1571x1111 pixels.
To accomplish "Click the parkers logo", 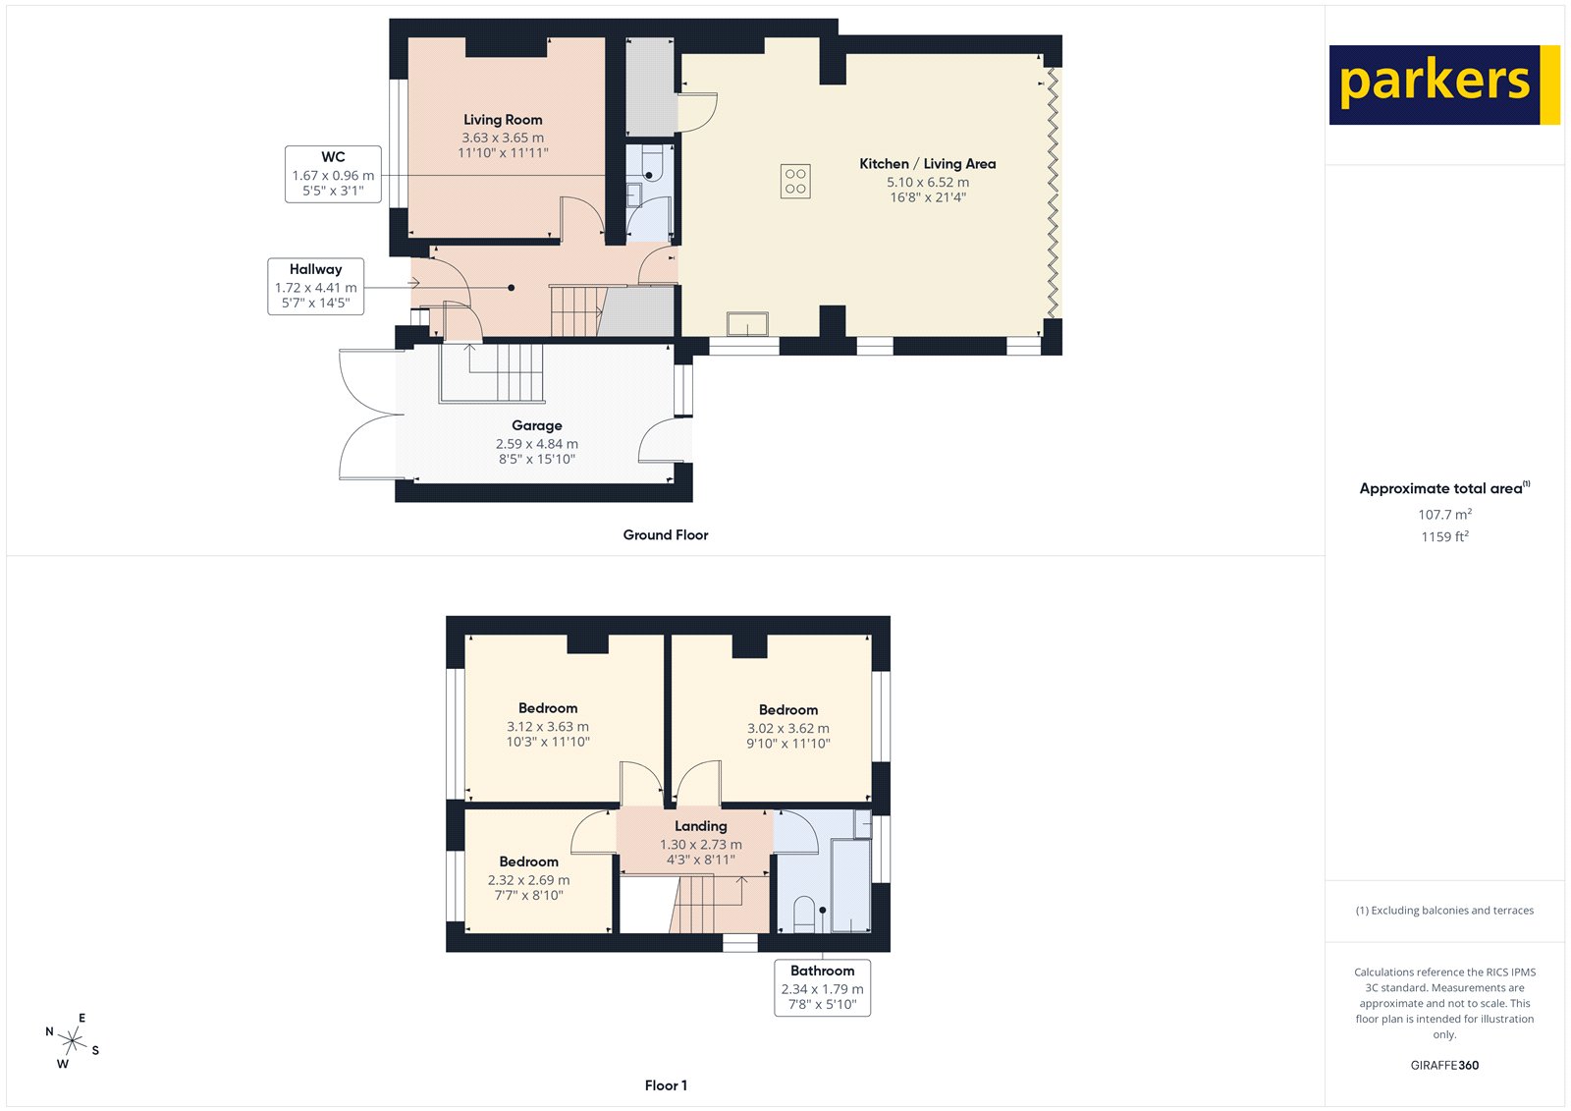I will [x=1443, y=84].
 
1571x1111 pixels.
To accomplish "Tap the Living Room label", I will [x=503, y=120].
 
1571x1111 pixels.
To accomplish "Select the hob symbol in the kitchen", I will [x=795, y=182].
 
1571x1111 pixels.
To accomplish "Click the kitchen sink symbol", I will [x=747, y=324].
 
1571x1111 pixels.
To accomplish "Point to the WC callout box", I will [x=333, y=174].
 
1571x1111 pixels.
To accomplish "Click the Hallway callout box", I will [x=315, y=286].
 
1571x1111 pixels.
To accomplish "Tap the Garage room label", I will [x=536, y=425].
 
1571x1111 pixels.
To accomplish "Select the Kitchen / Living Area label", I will [x=927, y=164].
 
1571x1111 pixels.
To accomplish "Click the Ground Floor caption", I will [x=665, y=535].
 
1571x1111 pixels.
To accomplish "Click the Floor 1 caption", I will [x=666, y=1085].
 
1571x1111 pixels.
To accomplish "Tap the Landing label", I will [x=700, y=826].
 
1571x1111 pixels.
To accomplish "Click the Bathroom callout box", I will [x=822, y=987].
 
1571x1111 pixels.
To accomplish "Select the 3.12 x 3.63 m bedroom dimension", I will [x=548, y=727].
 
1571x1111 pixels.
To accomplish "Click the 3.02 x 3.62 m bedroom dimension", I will [x=787, y=729].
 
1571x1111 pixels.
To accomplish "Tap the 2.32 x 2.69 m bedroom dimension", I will [x=528, y=880].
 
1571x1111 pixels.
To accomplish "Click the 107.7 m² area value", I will [x=1443, y=515].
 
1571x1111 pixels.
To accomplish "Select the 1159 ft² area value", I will [x=1443, y=537].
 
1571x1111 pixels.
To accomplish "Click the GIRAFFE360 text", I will [x=1443, y=1065].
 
